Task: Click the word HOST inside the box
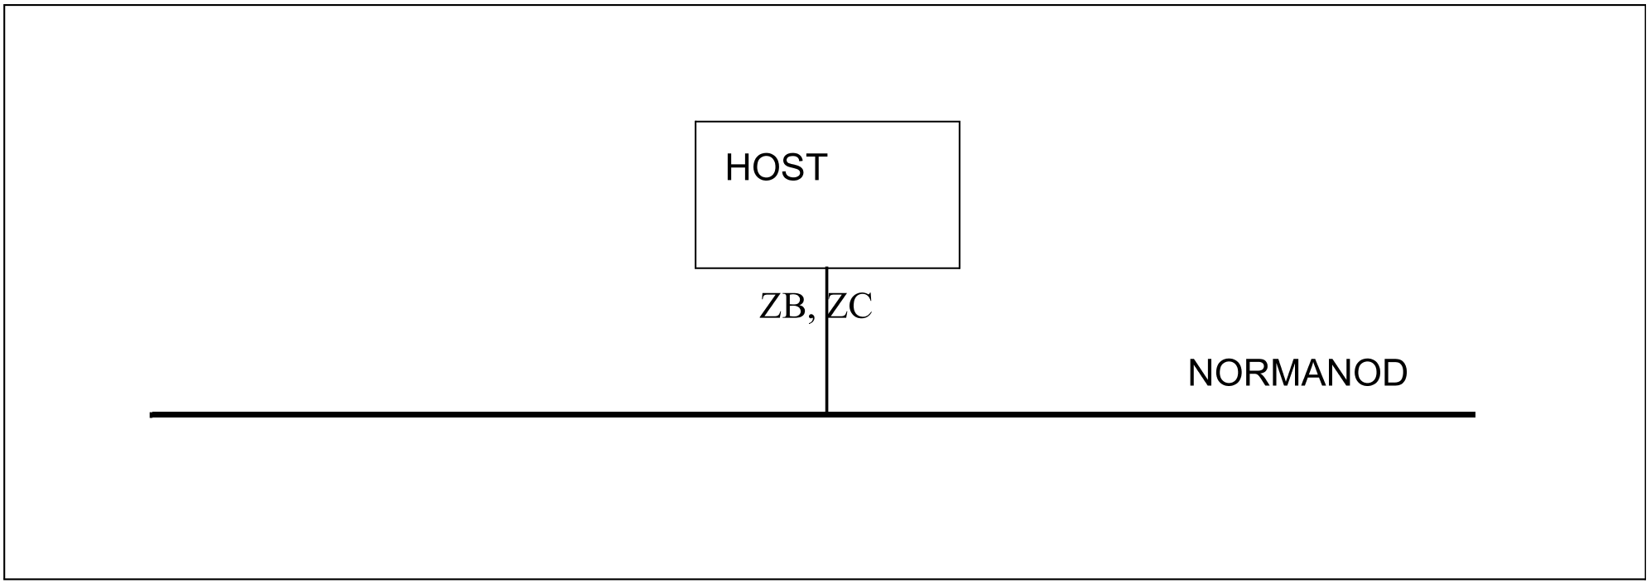point(776,168)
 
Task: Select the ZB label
point(782,306)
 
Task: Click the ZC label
point(850,306)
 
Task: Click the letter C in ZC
point(862,306)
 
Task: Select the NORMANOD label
point(1297,374)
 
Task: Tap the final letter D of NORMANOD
point(1395,374)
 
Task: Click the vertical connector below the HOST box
point(826,340)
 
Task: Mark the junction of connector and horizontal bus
point(826,413)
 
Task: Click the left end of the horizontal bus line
point(152,414)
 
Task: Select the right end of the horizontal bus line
point(1475,414)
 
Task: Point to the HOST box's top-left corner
point(696,122)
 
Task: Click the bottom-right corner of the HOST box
point(960,268)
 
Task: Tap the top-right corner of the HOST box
point(960,122)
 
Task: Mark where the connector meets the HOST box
point(826,268)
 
